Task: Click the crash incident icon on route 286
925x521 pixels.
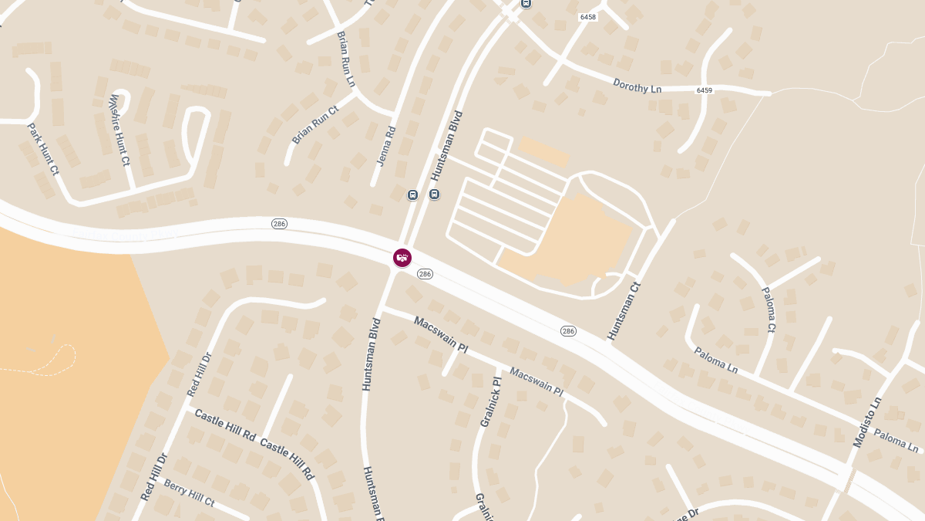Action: pos(402,258)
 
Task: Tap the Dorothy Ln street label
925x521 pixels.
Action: pos(637,85)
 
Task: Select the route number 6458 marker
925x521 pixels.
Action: pos(589,15)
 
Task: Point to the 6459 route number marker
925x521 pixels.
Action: pos(705,90)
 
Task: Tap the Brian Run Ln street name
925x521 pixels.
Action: pos(346,59)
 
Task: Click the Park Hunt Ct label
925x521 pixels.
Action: pos(43,148)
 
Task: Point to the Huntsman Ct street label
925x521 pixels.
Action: pos(624,311)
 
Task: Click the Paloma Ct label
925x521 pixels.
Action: pos(769,310)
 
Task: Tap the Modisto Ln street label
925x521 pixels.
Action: pos(868,421)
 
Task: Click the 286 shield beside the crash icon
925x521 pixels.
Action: pos(425,274)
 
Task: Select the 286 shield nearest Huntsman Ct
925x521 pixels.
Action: pos(568,331)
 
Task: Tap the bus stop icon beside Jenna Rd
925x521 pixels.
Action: pos(412,195)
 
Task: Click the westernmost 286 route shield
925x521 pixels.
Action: pos(279,224)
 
